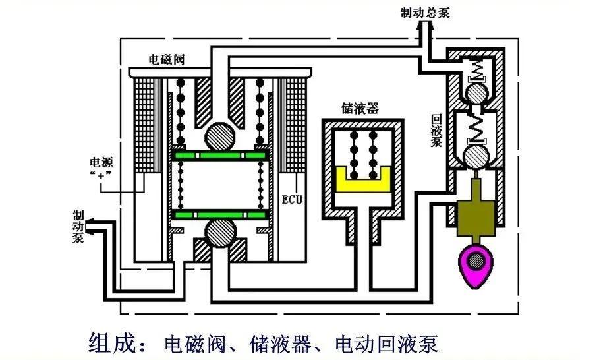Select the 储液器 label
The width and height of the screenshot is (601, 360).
[x=360, y=108]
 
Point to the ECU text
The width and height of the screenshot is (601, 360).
[x=292, y=198]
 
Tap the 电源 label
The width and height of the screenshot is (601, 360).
[x=100, y=162]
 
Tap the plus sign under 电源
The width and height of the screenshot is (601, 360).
[x=100, y=176]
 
